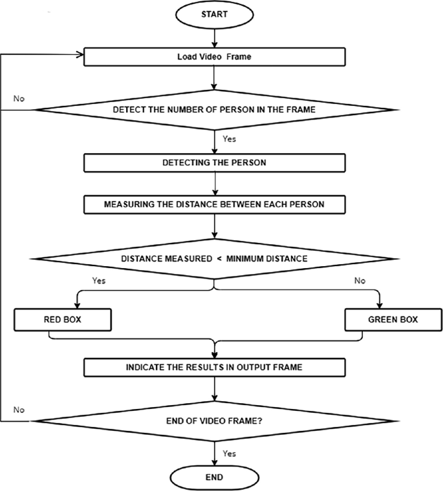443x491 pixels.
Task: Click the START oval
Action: point(214,14)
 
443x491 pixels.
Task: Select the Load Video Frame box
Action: point(214,56)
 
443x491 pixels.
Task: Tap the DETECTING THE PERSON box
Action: point(214,162)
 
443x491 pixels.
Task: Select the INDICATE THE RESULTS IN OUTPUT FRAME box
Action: point(214,368)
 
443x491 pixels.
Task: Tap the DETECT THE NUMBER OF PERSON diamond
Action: point(214,109)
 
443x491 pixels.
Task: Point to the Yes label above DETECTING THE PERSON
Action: point(230,138)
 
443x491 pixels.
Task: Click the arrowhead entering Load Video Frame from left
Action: point(81,56)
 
